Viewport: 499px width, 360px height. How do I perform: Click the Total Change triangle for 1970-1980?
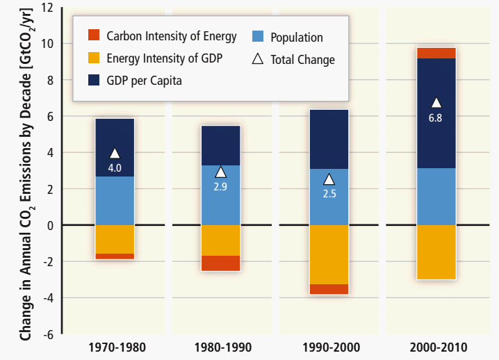[115, 154]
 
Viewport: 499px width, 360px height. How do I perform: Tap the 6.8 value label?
[436, 117]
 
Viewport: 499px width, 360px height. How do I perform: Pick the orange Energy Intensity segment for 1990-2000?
[329, 254]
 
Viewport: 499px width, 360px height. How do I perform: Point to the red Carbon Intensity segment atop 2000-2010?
[436, 53]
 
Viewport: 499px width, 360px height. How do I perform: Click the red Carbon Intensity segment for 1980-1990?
[220, 263]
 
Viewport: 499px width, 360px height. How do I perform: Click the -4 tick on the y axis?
[48, 297]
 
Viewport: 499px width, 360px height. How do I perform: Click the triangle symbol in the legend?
[257, 59]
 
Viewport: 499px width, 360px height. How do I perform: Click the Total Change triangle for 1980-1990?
[220, 172]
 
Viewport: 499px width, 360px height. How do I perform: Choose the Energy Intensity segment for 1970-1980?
[115, 239]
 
